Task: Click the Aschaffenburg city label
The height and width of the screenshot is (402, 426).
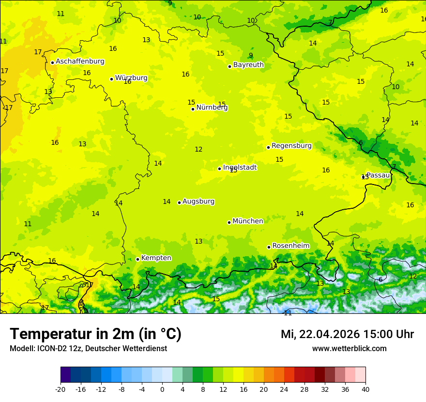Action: (80, 62)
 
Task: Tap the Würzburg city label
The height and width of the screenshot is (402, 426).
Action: (131, 78)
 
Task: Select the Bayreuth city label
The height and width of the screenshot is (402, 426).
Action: (248, 65)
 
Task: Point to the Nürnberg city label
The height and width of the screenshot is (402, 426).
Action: (212, 108)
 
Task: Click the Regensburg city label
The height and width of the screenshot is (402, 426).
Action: (291, 146)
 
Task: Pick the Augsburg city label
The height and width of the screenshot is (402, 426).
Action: (198, 201)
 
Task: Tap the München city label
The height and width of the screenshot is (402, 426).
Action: (248, 221)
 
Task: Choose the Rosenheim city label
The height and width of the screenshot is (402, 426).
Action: (290, 246)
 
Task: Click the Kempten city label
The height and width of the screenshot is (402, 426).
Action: (156, 258)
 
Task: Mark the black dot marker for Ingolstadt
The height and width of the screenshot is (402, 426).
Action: (219, 169)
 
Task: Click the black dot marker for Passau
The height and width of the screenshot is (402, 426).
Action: (363, 177)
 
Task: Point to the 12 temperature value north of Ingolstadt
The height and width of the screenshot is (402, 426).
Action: (198, 150)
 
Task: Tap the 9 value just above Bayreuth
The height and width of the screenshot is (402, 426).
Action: (251, 56)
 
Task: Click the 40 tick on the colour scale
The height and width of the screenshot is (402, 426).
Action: (365, 389)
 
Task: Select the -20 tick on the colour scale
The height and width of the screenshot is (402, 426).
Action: (61, 389)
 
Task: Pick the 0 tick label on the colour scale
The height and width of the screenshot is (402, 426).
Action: (162, 389)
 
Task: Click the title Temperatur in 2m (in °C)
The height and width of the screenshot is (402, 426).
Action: (95, 334)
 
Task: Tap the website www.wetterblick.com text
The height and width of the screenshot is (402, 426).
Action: (349, 348)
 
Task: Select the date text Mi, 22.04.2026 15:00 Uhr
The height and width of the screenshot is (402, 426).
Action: (347, 334)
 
